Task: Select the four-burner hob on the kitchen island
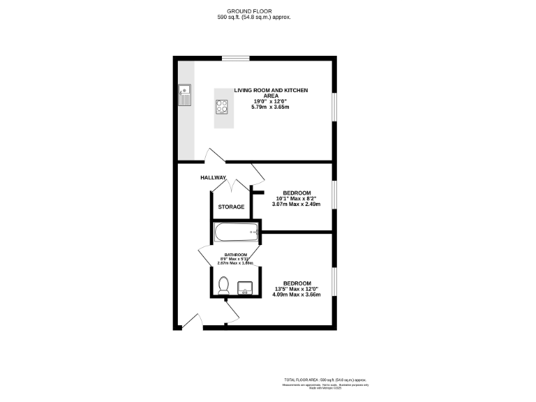223,107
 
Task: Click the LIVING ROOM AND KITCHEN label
271,90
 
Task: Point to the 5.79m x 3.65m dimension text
271,107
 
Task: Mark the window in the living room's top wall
235,58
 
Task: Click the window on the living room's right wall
334,112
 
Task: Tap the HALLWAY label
214,177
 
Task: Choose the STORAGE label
231,207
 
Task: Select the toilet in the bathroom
223,285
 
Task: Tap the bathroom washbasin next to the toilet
246,287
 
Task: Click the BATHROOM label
235,255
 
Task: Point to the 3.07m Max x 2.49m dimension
297,204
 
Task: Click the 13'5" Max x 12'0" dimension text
297,289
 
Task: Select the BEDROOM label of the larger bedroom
297,283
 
